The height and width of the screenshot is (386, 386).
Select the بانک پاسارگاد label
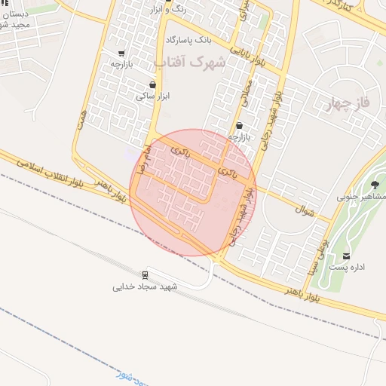click(x=190, y=38)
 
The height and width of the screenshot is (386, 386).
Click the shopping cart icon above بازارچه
click(x=121, y=54)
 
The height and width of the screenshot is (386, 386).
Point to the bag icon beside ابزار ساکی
click(x=153, y=84)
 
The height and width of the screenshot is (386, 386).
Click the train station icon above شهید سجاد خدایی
click(x=145, y=274)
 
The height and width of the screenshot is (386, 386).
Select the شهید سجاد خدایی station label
click(x=145, y=287)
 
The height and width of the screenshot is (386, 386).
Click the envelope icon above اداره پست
click(x=347, y=256)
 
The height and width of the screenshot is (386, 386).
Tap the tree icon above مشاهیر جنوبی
click(x=375, y=185)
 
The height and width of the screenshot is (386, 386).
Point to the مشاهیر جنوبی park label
click(x=358, y=197)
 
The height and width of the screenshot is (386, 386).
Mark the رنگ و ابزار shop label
click(x=167, y=10)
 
